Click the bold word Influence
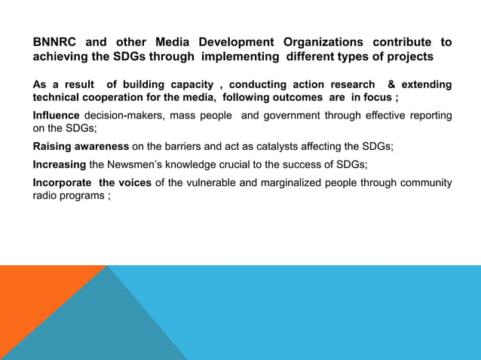click(57, 115)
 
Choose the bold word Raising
click(55, 146)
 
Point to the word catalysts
click(268, 146)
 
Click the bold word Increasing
click(60, 164)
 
